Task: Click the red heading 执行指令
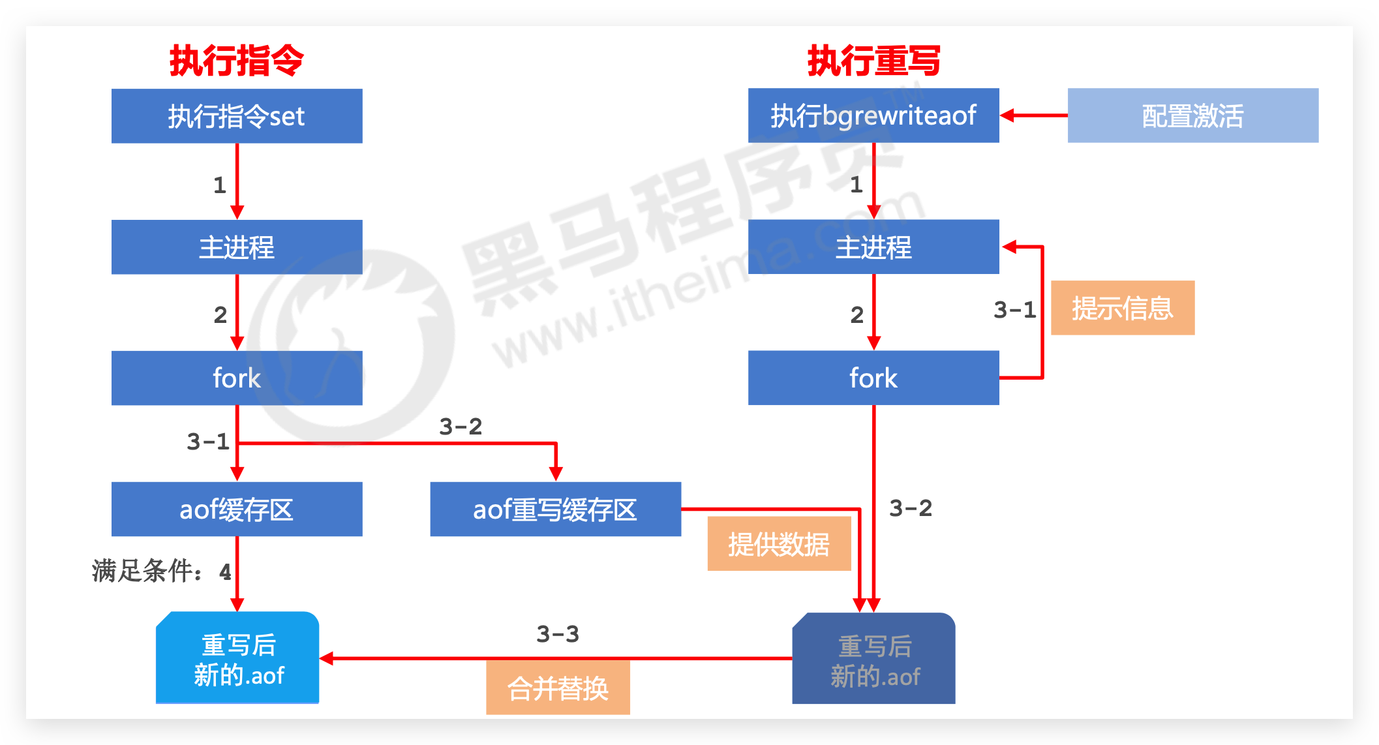pyautogui.click(x=237, y=61)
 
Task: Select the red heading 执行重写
pyautogui.click(x=873, y=61)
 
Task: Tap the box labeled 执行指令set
pyautogui.click(x=237, y=116)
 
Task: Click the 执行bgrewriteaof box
pyautogui.click(x=873, y=115)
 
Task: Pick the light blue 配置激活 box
pyautogui.click(x=1192, y=115)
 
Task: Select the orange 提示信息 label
pyautogui.click(x=1123, y=308)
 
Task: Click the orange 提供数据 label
pyautogui.click(x=779, y=543)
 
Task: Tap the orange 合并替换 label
pyautogui.click(x=558, y=688)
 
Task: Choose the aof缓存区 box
pyautogui.click(x=237, y=509)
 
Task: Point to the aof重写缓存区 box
pyautogui.click(x=555, y=509)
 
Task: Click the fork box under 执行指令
pyautogui.click(x=237, y=378)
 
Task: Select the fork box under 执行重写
pyautogui.click(x=873, y=378)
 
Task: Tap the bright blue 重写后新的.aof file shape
pyautogui.click(x=237, y=658)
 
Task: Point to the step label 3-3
pyautogui.click(x=558, y=633)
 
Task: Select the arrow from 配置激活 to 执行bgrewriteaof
pyautogui.click(x=1033, y=115)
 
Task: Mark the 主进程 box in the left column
pyautogui.click(x=237, y=247)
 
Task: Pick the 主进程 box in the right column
pyautogui.click(x=873, y=247)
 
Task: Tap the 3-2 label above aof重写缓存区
pyautogui.click(x=461, y=427)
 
